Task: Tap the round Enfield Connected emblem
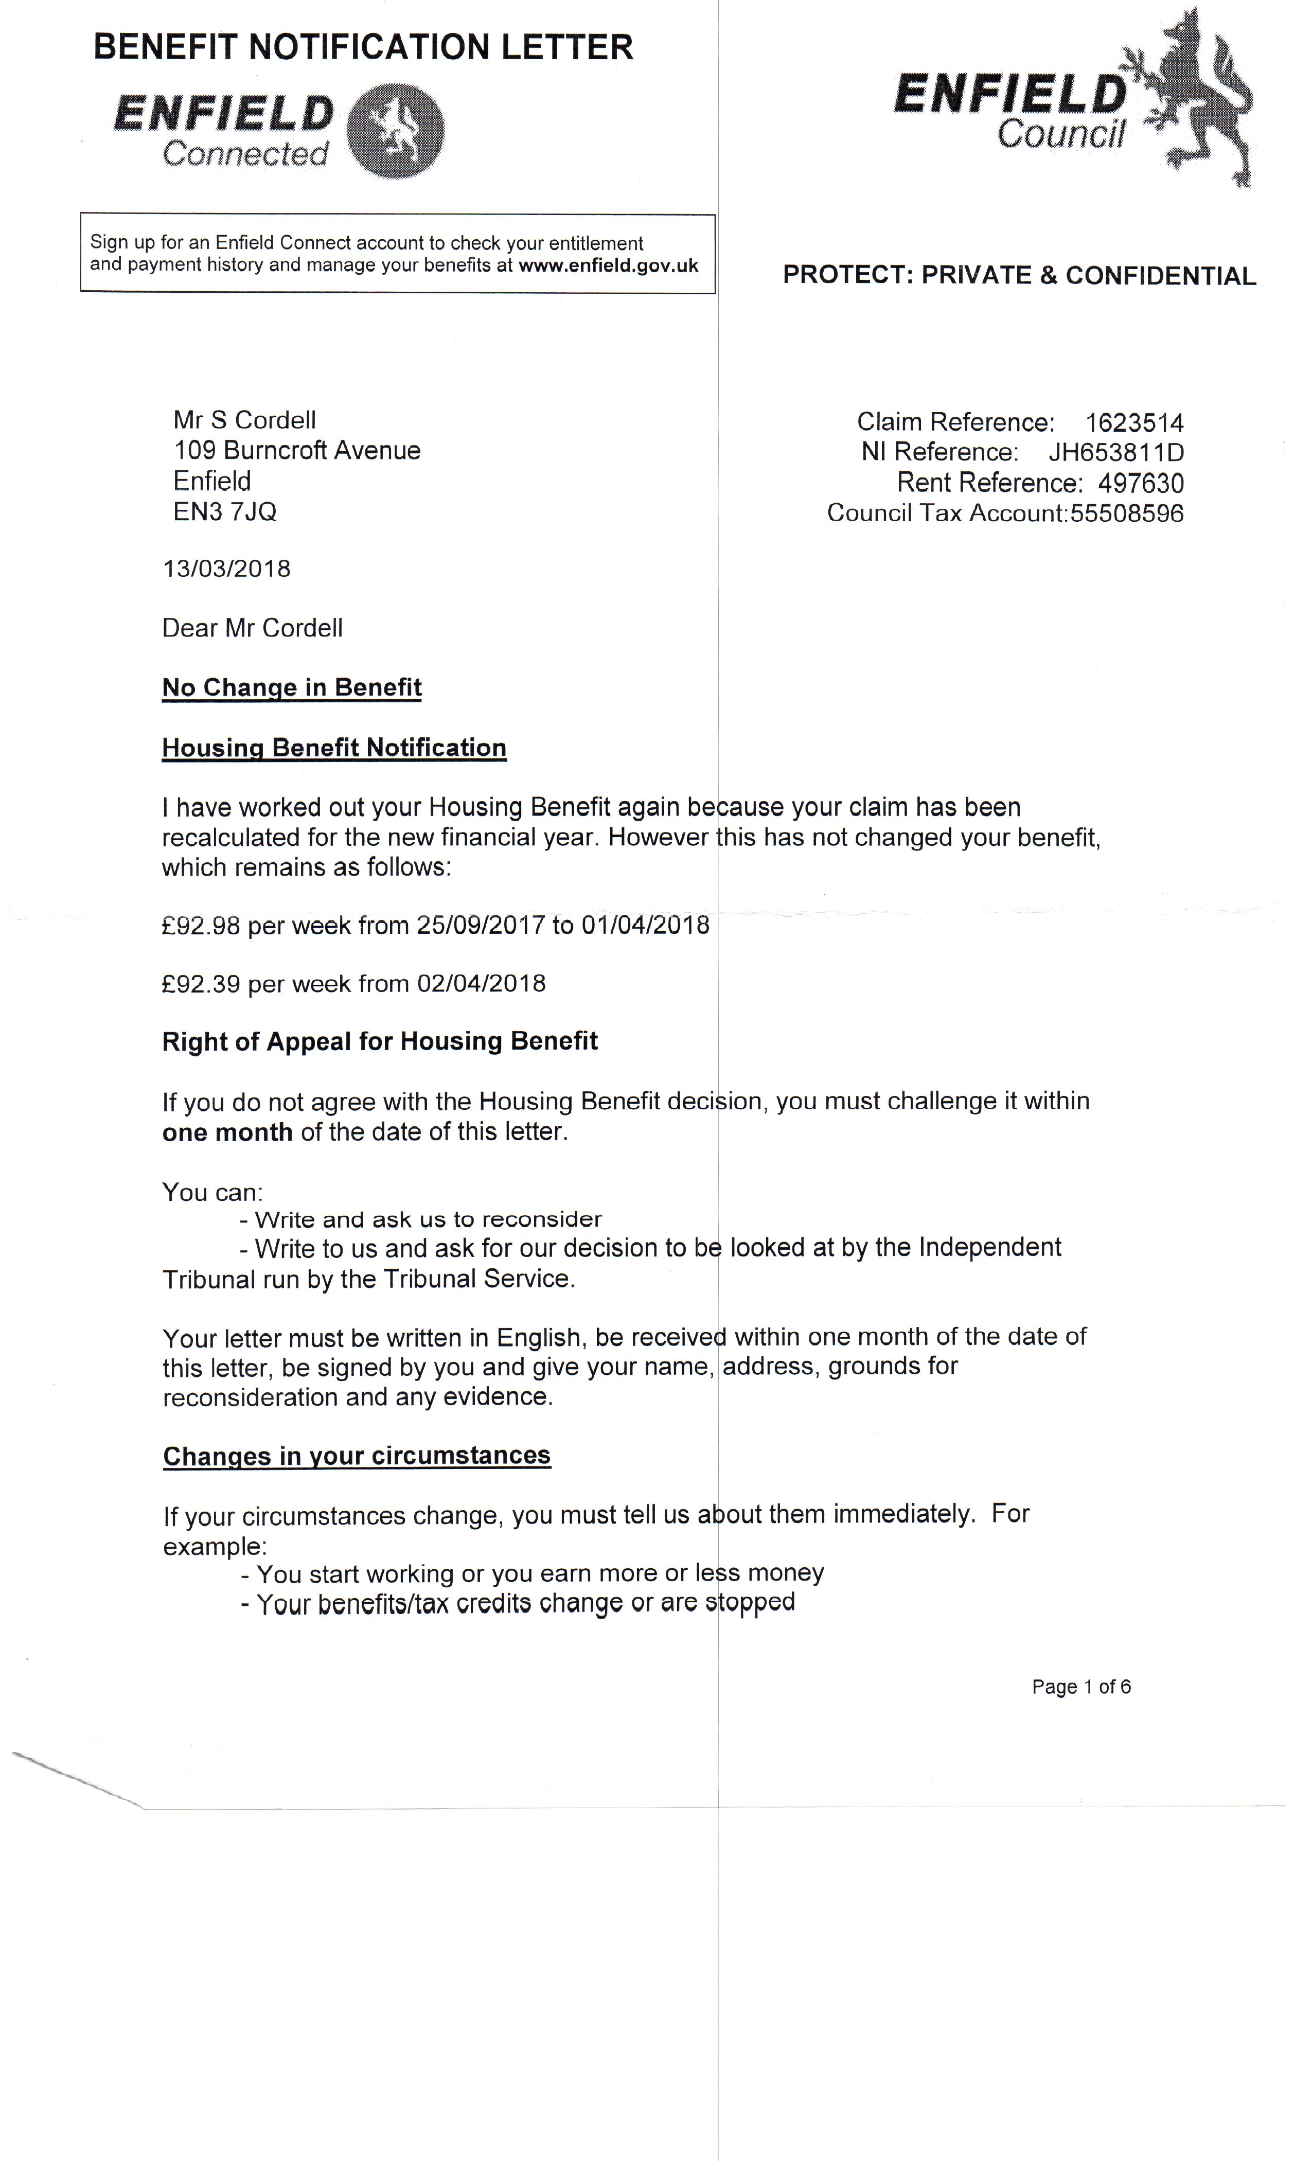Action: click(396, 131)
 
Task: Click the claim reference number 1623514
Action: click(1134, 423)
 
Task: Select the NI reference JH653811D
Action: click(1115, 453)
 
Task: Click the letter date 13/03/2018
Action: click(226, 569)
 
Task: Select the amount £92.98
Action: click(201, 926)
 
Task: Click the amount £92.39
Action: click(201, 984)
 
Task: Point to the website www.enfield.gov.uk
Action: click(608, 265)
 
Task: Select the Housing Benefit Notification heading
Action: click(334, 748)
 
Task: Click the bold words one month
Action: click(227, 1132)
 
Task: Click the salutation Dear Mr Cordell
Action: click(253, 629)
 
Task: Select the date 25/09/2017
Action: click(481, 926)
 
